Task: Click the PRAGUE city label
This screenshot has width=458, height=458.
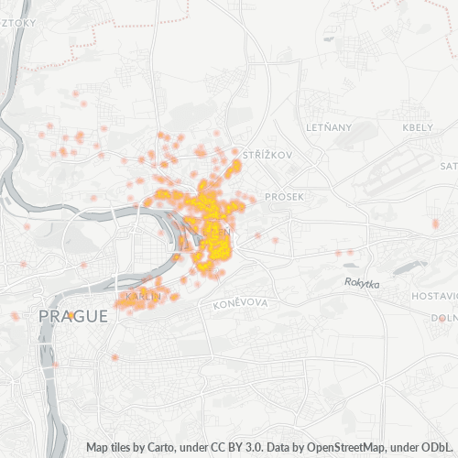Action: (72, 316)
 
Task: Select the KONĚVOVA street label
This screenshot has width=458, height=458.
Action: (239, 303)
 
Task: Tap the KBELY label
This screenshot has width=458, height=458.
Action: (417, 126)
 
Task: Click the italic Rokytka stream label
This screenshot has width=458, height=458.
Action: (362, 284)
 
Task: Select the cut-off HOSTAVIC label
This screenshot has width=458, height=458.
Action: (434, 297)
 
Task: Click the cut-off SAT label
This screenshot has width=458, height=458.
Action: (448, 166)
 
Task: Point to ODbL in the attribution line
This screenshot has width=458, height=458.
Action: (439, 448)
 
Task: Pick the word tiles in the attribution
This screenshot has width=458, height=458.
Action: (126, 448)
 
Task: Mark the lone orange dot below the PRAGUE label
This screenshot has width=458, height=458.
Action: (114, 356)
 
